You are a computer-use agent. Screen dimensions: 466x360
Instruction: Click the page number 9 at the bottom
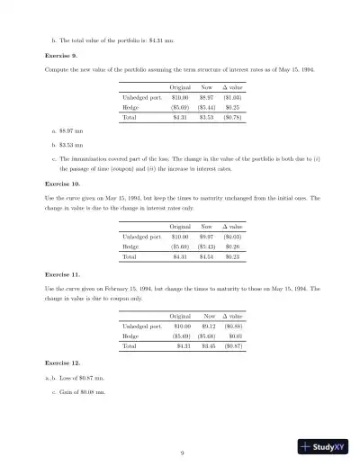coord(181,453)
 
